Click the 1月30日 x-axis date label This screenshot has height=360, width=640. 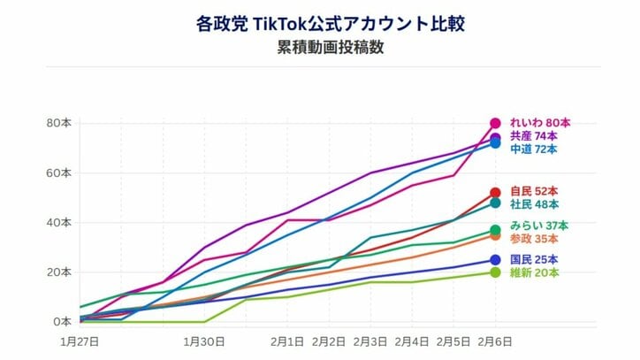[204, 340]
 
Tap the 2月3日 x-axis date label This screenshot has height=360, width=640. [370, 340]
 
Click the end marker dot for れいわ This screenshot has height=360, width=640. [495, 123]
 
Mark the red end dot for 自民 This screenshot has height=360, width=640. [495, 193]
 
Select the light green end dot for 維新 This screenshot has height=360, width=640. [495, 272]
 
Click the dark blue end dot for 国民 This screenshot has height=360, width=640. [495, 260]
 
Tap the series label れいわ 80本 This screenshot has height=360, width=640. [540, 123]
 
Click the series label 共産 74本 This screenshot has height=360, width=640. [534, 136]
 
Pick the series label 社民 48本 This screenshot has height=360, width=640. [534, 203]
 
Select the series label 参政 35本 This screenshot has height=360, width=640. [534, 239]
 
